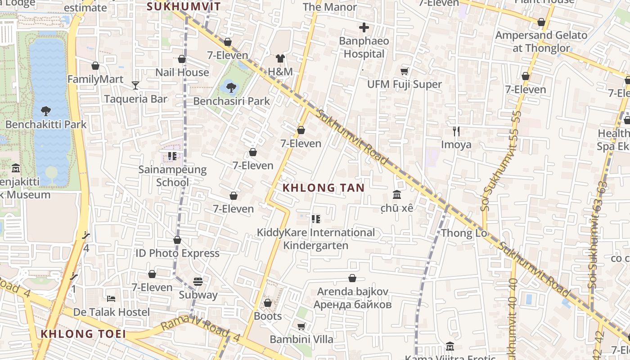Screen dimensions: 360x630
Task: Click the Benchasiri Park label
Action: pos(231,101)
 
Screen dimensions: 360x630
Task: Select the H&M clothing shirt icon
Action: pos(280,58)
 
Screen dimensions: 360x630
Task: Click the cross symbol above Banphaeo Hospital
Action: pos(364,27)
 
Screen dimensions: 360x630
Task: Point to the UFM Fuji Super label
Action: pos(405,84)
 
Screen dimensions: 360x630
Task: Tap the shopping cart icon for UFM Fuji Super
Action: pos(405,71)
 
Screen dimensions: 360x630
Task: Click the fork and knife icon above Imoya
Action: pos(456,131)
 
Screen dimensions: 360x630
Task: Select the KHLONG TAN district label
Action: pos(324,188)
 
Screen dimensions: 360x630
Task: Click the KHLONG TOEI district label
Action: pos(83,334)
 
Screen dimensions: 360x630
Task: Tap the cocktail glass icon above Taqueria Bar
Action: pos(135,85)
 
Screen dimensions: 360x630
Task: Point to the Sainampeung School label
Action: pos(172,176)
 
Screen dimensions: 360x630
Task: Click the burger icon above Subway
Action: pos(198,282)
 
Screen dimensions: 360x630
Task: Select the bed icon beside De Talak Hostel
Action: pos(111,298)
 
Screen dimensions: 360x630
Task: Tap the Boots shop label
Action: pos(268,316)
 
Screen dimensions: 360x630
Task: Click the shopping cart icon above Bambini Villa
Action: pos(301,326)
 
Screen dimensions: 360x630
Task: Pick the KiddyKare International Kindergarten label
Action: pos(315,239)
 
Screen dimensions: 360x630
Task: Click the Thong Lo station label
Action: pos(464,233)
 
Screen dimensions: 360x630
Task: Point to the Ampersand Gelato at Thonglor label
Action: pos(541,41)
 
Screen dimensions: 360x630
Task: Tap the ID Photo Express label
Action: pos(177,253)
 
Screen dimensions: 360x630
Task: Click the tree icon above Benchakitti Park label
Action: pos(46,111)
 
